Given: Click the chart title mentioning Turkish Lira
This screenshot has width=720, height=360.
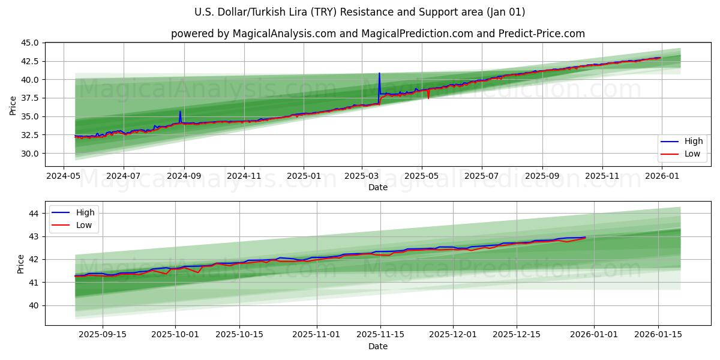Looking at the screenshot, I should click(360, 12).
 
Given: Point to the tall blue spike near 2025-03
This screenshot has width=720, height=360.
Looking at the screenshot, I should click(379, 75).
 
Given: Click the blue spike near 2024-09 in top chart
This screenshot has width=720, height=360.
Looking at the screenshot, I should click(180, 112).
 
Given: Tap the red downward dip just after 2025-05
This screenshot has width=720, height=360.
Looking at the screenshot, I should click(428, 97).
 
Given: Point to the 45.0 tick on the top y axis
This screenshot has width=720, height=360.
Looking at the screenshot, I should click(29, 43).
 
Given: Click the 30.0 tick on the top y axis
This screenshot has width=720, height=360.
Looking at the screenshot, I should click(29, 154).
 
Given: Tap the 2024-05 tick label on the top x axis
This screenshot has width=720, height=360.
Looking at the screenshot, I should click(64, 176).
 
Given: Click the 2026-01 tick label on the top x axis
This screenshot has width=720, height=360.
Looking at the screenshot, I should click(662, 176).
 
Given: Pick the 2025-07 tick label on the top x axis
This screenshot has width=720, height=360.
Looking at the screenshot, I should click(482, 176).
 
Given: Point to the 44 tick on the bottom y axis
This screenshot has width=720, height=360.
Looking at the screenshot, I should click(34, 214).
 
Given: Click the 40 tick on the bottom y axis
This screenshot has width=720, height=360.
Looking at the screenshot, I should click(34, 305).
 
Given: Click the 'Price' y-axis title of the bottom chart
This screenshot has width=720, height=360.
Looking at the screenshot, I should click(21, 264).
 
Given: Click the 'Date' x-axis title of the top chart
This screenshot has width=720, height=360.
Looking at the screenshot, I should click(378, 188).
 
